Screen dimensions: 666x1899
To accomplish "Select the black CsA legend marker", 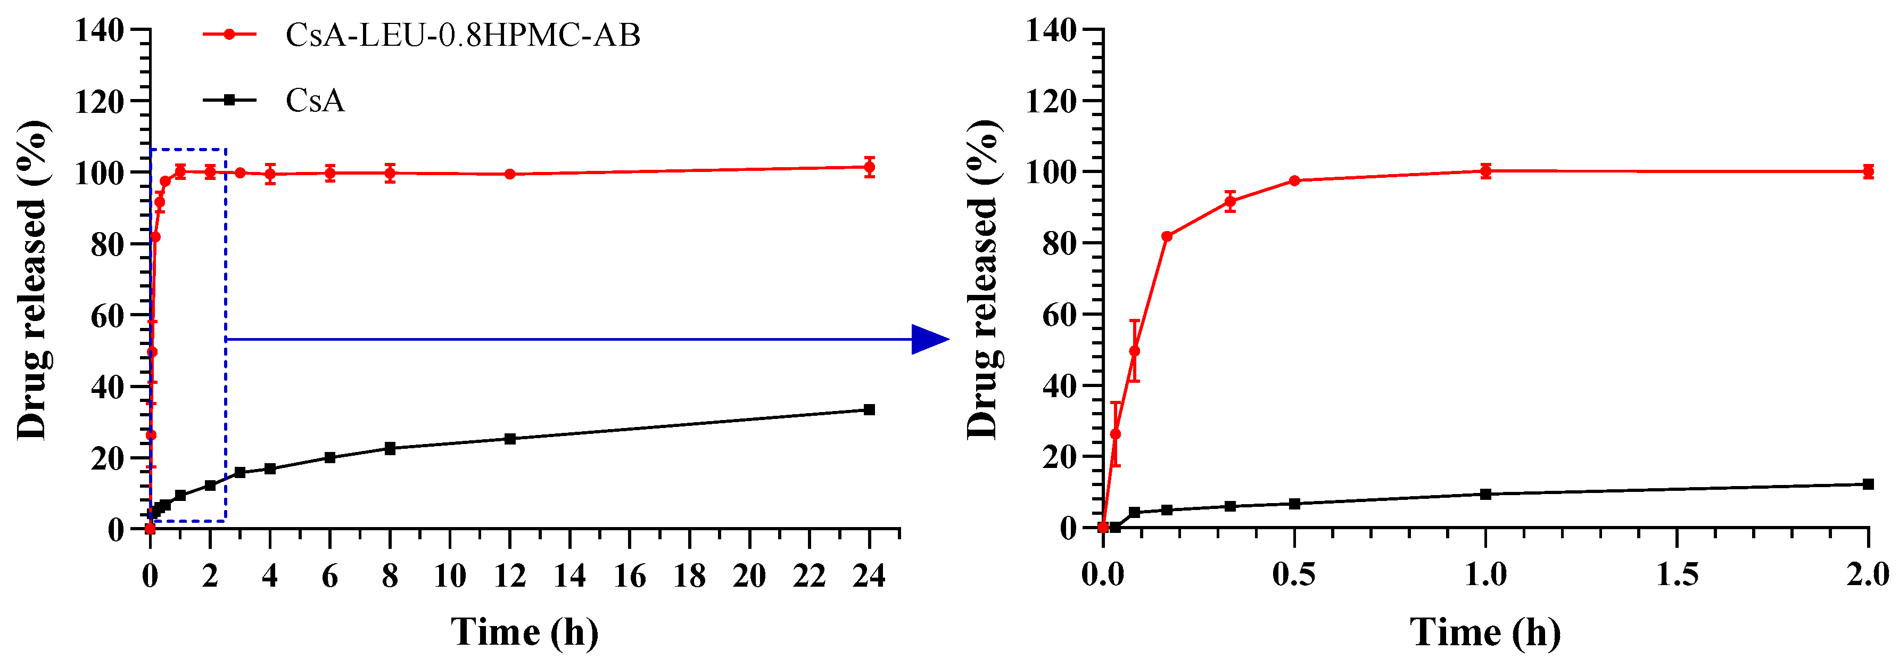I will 229,100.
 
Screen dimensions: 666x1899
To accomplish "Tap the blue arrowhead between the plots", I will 929,339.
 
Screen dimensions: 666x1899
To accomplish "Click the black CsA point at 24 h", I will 869,409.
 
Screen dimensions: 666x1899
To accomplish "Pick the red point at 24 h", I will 869,167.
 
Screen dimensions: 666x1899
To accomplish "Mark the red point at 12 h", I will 509,174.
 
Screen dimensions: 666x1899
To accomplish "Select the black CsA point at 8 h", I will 390,448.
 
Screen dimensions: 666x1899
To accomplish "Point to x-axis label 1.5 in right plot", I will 1677,574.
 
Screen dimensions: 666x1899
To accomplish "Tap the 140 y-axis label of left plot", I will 99,31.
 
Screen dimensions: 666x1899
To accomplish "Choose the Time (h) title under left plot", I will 524,632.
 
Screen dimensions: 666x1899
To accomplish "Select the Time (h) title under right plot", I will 1485,632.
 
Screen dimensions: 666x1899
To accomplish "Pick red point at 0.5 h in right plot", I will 1294,180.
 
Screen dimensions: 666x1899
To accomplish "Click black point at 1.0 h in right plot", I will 1485,494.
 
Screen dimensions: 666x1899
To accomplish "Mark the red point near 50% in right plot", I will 1135,351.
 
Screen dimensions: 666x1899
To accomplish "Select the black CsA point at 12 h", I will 509,439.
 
